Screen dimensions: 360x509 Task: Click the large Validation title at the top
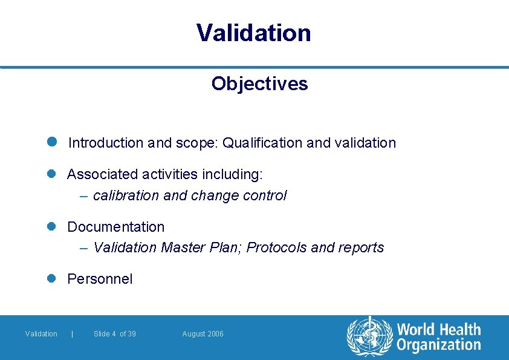[254, 33]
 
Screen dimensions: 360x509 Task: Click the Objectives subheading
[259, 83]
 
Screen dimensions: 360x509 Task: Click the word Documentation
[115, 227]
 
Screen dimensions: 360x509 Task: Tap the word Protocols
[277, 248]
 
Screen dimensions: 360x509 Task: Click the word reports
[361, 248]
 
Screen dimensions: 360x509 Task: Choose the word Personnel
[100, 279]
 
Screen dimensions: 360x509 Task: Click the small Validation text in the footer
[41, 334]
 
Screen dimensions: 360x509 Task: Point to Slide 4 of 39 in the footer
[115, 334]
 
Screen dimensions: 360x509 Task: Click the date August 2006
[203, 334]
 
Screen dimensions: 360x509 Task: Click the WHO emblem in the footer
[369, 336]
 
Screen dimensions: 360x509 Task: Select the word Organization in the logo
[438, 345]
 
